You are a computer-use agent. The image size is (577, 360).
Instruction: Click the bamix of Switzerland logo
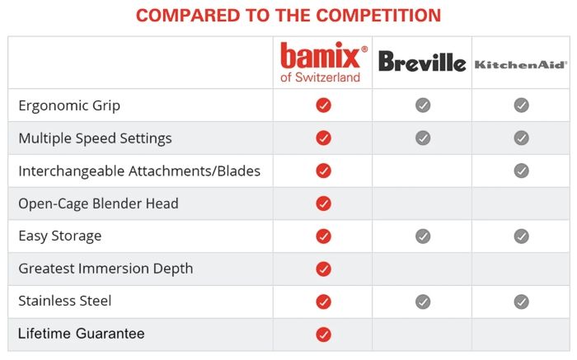tap(323, 62)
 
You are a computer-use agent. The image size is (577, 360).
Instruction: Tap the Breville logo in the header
tap(422, 62)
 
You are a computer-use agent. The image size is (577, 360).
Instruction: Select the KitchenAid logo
tap(521, 63)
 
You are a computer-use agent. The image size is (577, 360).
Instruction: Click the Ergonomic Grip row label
tap(69, 106)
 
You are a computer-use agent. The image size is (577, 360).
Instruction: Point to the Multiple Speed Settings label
tap(95, 138)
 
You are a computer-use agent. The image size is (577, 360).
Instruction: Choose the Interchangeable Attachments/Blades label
tap(139, 171)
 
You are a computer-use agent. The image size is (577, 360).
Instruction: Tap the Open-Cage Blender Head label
tap(98, 203)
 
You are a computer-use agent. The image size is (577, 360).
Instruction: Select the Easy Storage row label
tap(59, 236)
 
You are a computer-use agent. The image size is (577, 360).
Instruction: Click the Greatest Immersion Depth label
tap(106, 269)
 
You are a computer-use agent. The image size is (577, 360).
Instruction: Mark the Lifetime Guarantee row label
tap(81, 334)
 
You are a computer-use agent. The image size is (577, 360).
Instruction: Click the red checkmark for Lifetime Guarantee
tap(323, 334)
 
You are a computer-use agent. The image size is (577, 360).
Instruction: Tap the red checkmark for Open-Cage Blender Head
tap(323, 203)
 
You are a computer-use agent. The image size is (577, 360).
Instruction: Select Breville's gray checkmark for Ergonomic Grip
tap(423, 105)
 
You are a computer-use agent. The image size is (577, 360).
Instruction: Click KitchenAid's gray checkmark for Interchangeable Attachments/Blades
tap(521, 171)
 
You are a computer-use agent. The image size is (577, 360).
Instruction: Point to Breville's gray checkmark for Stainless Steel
tap(423, 302)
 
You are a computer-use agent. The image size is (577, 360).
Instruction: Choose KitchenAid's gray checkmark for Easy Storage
tap(521, 236)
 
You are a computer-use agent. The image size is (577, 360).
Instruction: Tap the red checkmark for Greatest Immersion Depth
tap(323, 269)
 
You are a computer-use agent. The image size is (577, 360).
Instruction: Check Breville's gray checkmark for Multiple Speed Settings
tap(423, 138)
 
